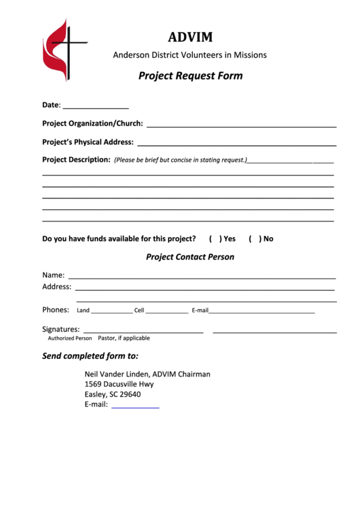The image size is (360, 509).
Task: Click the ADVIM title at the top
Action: pyautogui.click(x=190, y=37)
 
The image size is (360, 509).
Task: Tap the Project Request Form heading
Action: pyautogui.click(x=190, y=76)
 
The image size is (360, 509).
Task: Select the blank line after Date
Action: pyautogui.click(x=96, y=106)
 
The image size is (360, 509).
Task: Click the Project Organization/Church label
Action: pyautogui.click(x=92, y=124)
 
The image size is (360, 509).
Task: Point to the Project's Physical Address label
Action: pyautogui.click(x=88, y=142)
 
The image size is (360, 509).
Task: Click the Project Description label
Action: pyautogui.click(x=76, y=160)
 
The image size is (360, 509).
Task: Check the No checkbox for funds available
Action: pyautogui.click(x=253, y=239)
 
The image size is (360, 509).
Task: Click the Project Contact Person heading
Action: pyautogui.click(x=190, y=257)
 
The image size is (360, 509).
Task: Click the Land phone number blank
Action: pyautogui.click(x=111, y=311)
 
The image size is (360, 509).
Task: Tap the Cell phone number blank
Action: pyautogui.click(x=166, y=311)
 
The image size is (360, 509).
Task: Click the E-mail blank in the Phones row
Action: pyautogui.click(x=262, y=311)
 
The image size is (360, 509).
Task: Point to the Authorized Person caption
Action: pyautogui.click(x=69, y=338)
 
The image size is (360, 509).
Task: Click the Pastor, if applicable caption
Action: pyautogui.click(x=124, y=338)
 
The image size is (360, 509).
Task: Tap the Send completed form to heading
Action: pyautogui.click(x=90, y=355)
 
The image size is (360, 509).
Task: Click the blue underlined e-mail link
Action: pyautogui.click(x=135, y=405)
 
